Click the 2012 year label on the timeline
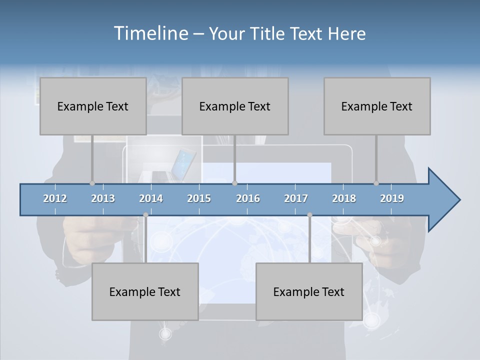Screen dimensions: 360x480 55,198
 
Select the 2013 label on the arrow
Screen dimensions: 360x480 103,198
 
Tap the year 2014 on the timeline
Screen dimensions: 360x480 151,198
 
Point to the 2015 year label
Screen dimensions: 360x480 199,198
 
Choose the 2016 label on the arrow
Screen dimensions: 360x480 248,198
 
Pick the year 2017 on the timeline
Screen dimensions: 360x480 296,198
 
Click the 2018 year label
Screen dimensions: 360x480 344,198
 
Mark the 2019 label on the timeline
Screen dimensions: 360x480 392,198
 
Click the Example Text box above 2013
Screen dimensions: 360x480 93,106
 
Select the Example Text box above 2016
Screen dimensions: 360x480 235,106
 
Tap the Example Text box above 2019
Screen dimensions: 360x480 377,106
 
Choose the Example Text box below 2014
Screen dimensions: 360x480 145,291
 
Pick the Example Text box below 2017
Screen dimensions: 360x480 309,291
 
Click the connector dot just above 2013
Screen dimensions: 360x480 92,183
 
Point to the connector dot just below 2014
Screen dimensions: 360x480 145,215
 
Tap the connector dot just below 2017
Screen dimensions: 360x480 309,215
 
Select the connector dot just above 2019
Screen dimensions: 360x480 376,183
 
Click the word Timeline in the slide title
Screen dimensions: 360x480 150,33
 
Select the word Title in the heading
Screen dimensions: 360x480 269,33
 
